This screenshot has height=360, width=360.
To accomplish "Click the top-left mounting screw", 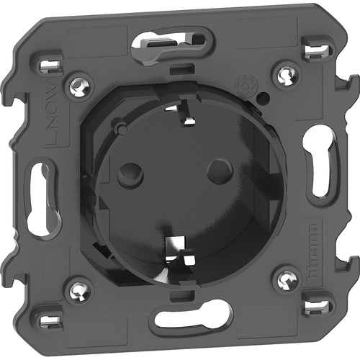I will point(77,88).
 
